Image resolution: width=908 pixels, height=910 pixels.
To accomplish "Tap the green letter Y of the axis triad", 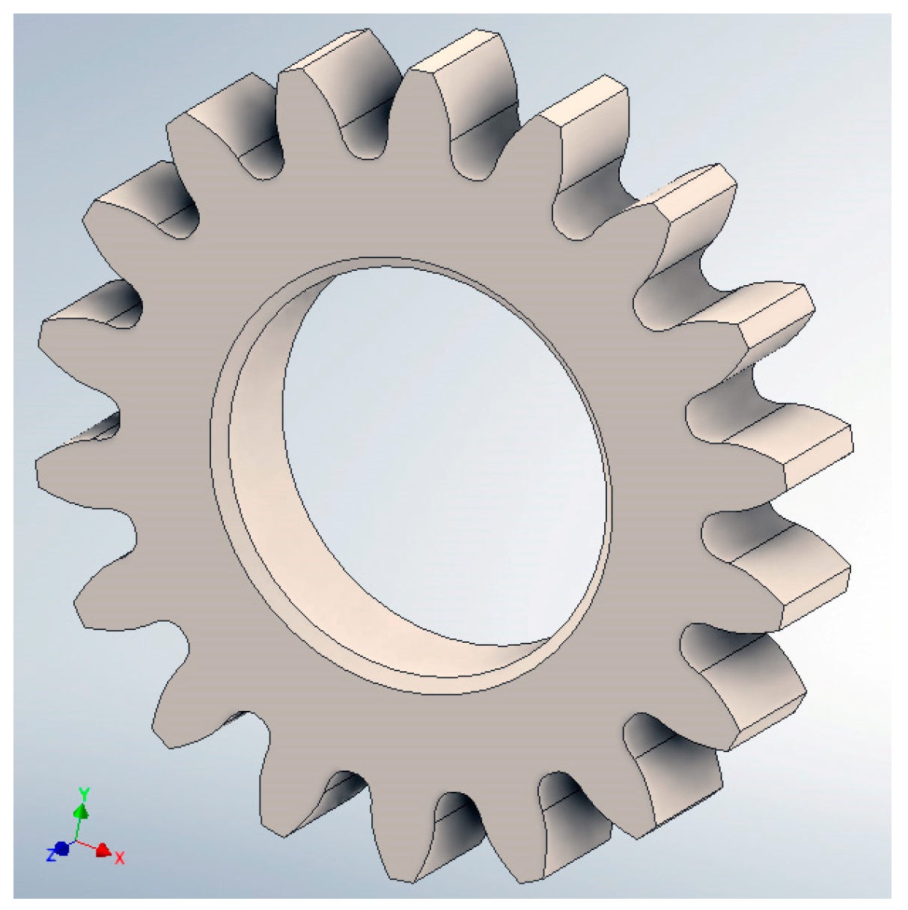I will (85, 793).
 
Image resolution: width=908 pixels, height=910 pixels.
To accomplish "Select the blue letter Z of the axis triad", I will (51, 854).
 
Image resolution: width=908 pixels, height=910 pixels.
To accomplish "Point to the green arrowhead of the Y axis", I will (82, 811).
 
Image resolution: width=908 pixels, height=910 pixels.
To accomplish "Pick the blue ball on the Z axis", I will (62, 849).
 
